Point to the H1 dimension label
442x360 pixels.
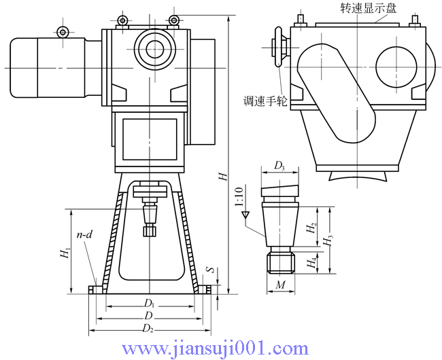pyautogui.click(x=65, y=253)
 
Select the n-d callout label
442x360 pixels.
pyautogui.click(x=84, y=235)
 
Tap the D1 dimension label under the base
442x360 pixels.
pyautogui.click(x=148, y=302)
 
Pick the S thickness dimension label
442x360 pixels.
pyautogui.click(x=211, y=270)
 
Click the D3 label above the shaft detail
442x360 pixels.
pyautogui.click(x=279, y=166)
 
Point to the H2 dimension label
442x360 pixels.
pyautogui.click(x=311, y=228)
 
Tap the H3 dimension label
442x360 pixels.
pyautogui.click(x=328, y=240)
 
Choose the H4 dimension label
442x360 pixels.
pyautogui.click(x=311, y=260)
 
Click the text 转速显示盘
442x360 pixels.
pyautogui.click(x=368, y=7)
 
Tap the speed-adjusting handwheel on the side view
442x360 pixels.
pyautogui.click(x=277, y=48)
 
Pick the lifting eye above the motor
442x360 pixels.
pyautogui.click(x=63, y=31)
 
